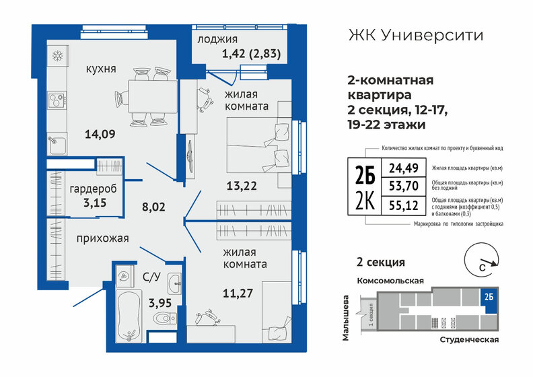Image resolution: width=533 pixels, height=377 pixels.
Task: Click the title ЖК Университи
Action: pos(415,34)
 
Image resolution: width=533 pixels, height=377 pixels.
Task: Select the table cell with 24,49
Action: pos(395,167)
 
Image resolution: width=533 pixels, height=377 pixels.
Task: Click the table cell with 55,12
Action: pos(395,207)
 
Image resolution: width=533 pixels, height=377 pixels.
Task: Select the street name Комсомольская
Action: pos(388,279)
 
